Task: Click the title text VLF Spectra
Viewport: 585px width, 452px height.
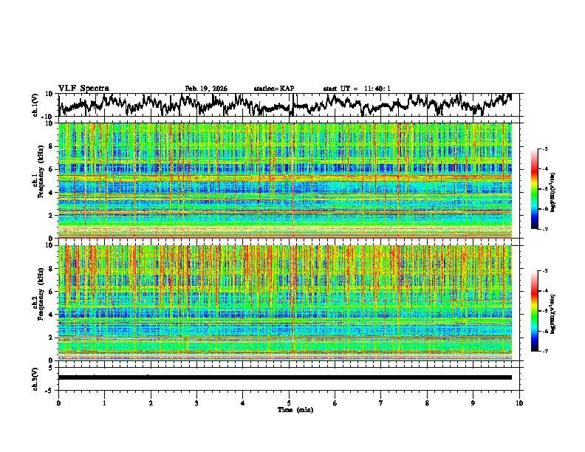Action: [x=83, y=88]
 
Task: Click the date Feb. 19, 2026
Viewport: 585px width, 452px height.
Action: [x=206, y=89]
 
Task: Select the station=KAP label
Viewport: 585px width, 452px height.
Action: [x=273, y=89]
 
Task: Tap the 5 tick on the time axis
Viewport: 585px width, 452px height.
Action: [x=289, y=403]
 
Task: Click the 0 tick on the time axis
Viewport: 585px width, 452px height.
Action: [x=58, y=403]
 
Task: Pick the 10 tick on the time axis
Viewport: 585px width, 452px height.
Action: [x=519, y=403]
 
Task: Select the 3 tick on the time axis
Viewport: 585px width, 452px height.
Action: [x=196, y=403]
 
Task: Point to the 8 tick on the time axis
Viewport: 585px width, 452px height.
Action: [x=427, y=403]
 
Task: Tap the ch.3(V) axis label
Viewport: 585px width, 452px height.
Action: [x=35, y=377]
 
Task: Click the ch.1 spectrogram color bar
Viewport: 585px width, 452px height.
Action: [x=535, y=189]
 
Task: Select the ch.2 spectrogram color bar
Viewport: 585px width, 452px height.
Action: [x=535, y=311]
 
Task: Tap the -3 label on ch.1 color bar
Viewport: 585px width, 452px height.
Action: [x=544, y=149]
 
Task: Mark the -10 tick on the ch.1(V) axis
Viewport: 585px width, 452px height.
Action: [x=47, y=116]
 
